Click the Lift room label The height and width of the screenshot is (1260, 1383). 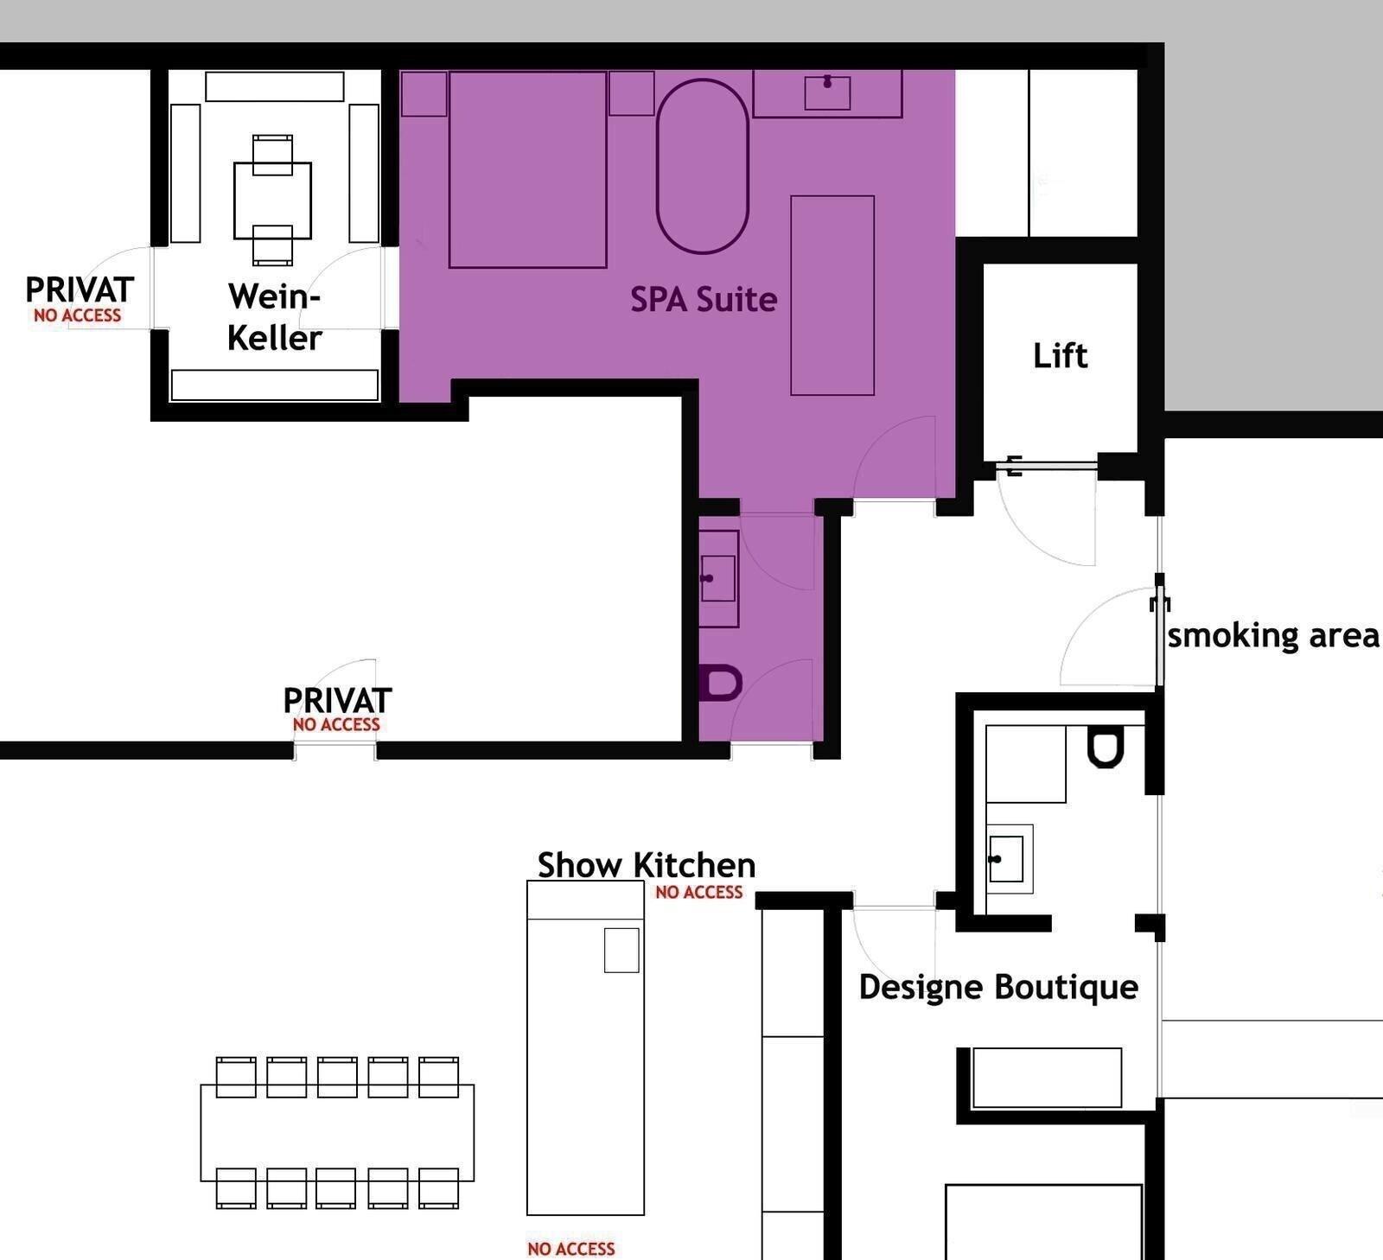1060,356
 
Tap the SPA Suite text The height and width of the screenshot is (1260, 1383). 703,300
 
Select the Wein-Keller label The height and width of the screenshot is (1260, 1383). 275,317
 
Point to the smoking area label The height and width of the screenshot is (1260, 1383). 1272,636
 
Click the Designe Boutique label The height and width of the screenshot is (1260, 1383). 998,987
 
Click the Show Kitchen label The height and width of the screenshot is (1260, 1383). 646,865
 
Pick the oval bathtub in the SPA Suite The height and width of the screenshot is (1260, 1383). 702,166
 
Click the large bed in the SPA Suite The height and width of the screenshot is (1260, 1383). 527,170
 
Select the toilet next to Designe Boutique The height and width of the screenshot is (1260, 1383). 1105,748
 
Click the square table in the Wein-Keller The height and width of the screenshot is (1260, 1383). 272,200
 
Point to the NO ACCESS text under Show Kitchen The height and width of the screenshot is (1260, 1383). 698,893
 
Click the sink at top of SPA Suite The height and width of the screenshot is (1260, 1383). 827,92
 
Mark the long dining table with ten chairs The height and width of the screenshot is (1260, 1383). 337,1132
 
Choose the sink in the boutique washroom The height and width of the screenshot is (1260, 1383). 1006,859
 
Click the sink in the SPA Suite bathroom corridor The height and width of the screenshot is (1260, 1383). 717,578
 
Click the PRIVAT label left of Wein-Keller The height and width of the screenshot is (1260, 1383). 79,290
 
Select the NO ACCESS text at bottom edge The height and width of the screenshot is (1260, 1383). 570,1249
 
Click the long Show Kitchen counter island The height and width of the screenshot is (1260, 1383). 585,1063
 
